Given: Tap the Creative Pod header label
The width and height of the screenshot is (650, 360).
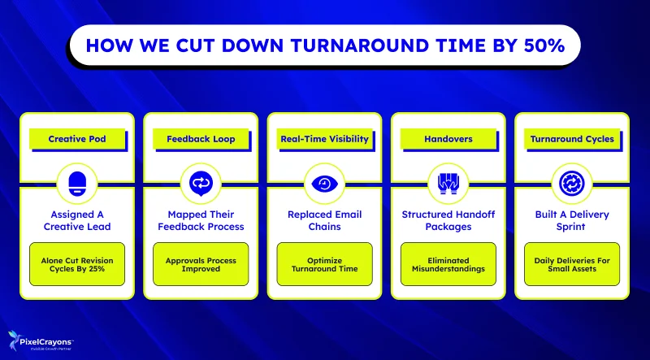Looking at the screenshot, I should [x=77, y=139].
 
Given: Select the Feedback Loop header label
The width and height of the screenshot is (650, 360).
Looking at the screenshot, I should [x=201, y=139].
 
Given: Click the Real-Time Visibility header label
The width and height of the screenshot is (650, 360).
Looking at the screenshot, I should [x=325, y=139].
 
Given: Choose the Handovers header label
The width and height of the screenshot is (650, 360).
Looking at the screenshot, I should [x=448, y=139].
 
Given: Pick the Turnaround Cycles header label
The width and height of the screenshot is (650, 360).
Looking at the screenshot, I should [x=572, y=139].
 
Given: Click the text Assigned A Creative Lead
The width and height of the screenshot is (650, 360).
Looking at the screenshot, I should [x=77, y=221].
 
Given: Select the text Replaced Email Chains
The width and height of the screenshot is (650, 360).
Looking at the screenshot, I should [x=325, y=221].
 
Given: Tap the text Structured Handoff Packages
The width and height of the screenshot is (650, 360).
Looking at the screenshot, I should [x=448, y=221].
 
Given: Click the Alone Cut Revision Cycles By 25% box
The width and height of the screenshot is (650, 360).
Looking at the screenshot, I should [x=77, y=263].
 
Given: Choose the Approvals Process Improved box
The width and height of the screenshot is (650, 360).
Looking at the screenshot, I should [x=201, y=263].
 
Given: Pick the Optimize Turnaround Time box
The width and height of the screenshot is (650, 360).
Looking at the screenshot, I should [x=325, y=263].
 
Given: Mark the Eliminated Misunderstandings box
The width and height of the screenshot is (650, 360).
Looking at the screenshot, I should [x=448, y=263].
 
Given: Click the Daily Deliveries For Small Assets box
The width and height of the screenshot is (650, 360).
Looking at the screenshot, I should [x=572, y=263].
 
